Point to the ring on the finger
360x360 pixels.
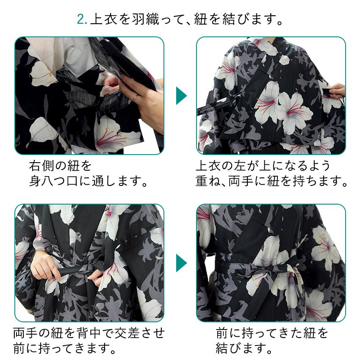[x=134, y=97]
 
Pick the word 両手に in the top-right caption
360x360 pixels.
[x=248, y=182]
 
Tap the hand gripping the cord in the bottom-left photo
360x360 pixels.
[x=44, y=269]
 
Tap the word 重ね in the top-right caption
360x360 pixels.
[x=207, y=182]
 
